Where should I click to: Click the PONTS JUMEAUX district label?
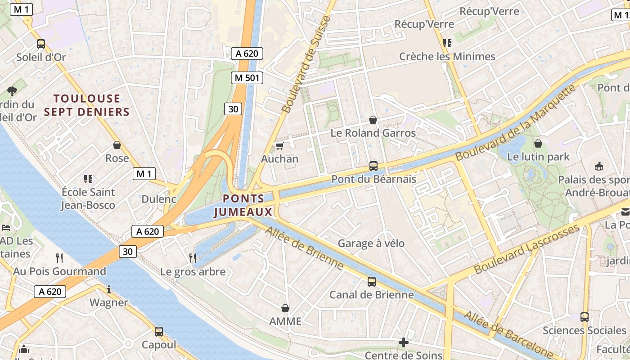coord(243,205)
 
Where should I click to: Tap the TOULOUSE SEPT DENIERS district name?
coord(87,105)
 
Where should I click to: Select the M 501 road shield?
coord(247,78)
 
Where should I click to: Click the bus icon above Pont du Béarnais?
coord(373,166)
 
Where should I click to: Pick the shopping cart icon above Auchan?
coord(280,146)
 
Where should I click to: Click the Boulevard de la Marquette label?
coord(516,123)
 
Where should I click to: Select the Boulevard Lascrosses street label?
coord(527,249)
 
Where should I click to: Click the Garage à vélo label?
coord(371,243)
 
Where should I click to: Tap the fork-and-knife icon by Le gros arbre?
coord(193,258)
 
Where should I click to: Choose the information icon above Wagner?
coord(108,289)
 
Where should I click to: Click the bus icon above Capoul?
coord(159,332)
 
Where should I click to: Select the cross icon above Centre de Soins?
coord(404,342)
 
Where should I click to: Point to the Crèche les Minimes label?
coord(447,57)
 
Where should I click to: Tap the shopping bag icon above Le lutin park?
coord(538,144)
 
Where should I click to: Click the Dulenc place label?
coord(159,199)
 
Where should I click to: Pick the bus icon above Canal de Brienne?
coord(372,282)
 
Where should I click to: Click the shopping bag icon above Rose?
coord(117,145)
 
